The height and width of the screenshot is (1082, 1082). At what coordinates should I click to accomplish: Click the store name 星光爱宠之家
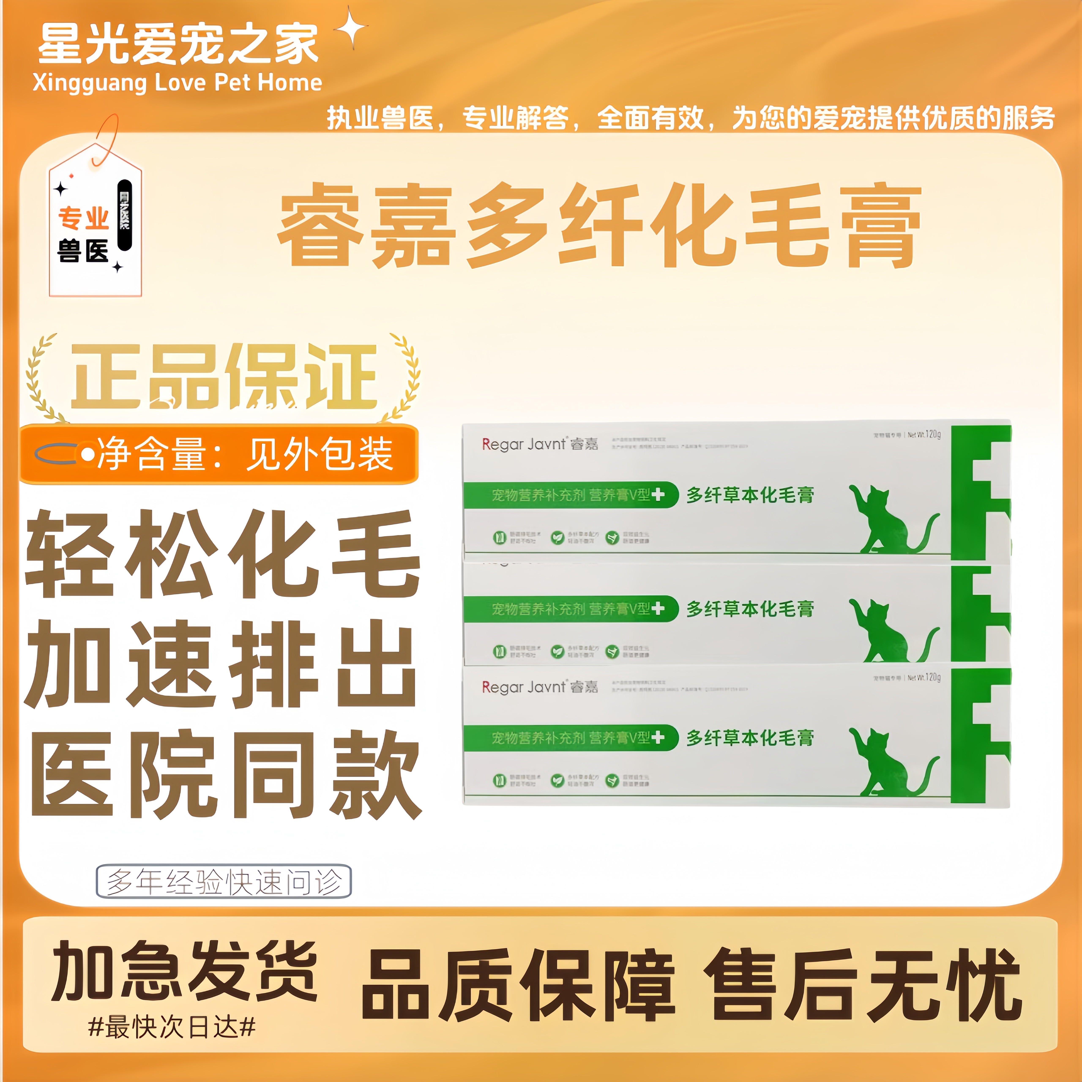click(x=178, y=45)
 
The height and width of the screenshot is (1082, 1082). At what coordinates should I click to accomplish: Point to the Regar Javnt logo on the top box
click(x=539, y=444)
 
